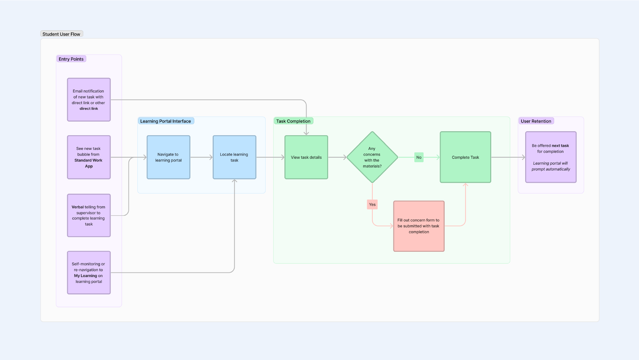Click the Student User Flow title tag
click(x=62, y=34)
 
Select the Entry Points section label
click(x=71, y=59)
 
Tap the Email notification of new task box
click(x=89, y=100)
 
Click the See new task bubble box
click(x=89, y=157)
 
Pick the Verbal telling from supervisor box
click(x=89, y=215)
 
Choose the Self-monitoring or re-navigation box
click(x=89, y=272)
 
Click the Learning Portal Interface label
click(x=166, y=121)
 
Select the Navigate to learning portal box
click(x=168, y=157)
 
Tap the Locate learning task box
click(x=234, y=157)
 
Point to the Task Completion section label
click(x=293, y=121)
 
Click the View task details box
click(x=306, y=157)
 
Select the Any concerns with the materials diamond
click(x=372, y=157)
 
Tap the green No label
click(x=419, y=157)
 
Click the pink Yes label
click(x=372, y=204)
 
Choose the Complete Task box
click(x=465, y=157)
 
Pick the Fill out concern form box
click(x=419, y=226)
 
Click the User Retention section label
click(x=536, y=121)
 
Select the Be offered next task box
click(x=551, y=157)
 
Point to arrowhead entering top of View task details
click(x=306, y=133)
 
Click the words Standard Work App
click(x=89, y=163)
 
